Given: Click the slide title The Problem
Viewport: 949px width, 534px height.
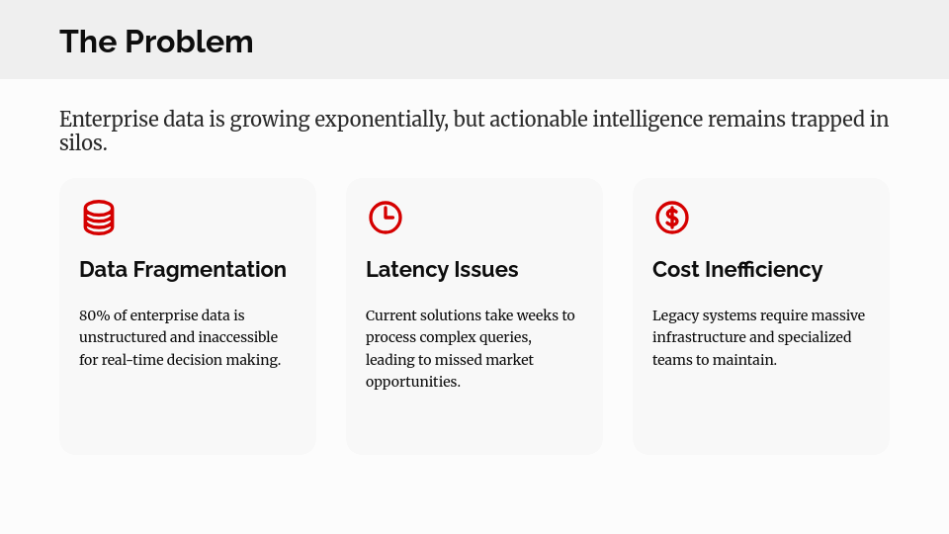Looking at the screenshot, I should [x=156, y=42].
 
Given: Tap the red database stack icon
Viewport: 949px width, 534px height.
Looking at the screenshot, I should [x=99, y=218].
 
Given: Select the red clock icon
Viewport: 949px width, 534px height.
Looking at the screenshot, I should [x=386, y=218].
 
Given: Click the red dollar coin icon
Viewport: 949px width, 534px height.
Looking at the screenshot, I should [x=672, y=218].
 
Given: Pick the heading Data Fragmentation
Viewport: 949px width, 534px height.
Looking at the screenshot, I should [x=183, y=269].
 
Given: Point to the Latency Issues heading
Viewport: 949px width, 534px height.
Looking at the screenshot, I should [x=442, y=269].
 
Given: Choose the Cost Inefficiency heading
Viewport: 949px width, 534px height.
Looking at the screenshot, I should [x=737, y=269].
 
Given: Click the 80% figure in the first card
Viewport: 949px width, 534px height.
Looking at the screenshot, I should [x=95, y=315].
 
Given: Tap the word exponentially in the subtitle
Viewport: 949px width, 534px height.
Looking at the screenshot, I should [x=382, y=120].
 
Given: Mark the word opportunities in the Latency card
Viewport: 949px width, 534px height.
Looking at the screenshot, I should [x=412, y=382].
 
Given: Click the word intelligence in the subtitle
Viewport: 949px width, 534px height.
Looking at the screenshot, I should [x=647, y=120].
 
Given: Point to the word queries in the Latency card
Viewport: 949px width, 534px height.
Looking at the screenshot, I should [x=504, y=337].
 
